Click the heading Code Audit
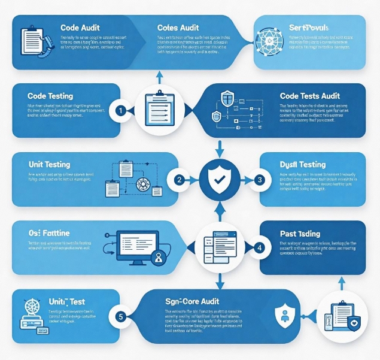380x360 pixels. coord(80,28)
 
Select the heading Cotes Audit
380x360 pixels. coord(178,28)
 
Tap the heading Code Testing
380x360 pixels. coord(50,96)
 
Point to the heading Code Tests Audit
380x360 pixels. coord(310,96)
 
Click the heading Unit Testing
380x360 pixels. coord(49,164)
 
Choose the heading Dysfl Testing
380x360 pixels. coord(302,164)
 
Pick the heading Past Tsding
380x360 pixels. coord(300,233)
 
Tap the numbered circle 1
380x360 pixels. coord(120,110)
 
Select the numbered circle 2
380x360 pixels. coord(178,179)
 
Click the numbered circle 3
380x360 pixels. coord(259,179)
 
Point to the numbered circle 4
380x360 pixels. coord(259,247)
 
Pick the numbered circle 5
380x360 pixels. coord(120,316)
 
